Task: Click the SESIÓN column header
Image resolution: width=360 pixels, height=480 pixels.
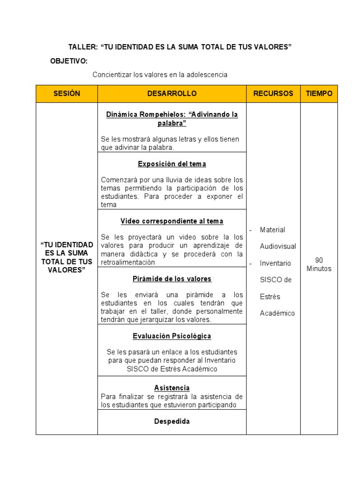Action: click(67, 94)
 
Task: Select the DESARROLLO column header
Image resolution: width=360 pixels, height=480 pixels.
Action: click(172, 94)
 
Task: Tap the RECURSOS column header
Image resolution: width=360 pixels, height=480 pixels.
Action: click(273, 94)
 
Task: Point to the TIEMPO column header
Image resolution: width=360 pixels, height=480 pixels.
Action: click(319, 94)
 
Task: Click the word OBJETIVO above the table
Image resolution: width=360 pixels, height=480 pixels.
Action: click(69, 61)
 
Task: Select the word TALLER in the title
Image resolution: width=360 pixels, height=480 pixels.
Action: click(82, 47)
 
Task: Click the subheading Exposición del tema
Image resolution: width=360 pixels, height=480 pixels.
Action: click(172, 164)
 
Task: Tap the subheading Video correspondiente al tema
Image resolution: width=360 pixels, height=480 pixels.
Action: click(172, 221)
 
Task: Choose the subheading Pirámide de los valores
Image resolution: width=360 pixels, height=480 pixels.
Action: click(172, 279)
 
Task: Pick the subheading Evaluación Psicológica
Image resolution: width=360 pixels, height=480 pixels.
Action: click(172, 336)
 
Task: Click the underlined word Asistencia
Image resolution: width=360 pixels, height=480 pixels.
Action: click(172, 388)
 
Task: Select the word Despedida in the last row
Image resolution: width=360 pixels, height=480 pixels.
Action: click(172, 421)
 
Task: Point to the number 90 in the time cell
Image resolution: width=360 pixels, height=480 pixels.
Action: click(319, 260)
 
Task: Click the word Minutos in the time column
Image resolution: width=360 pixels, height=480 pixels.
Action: click(319, 269)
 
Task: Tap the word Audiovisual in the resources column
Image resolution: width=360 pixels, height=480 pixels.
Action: click(278, 247)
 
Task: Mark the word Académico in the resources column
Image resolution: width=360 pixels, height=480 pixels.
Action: click(277, 314)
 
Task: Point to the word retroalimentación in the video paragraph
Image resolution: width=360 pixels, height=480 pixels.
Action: click(127, 262)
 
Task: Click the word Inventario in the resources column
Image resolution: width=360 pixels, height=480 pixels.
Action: click(275, 263)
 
